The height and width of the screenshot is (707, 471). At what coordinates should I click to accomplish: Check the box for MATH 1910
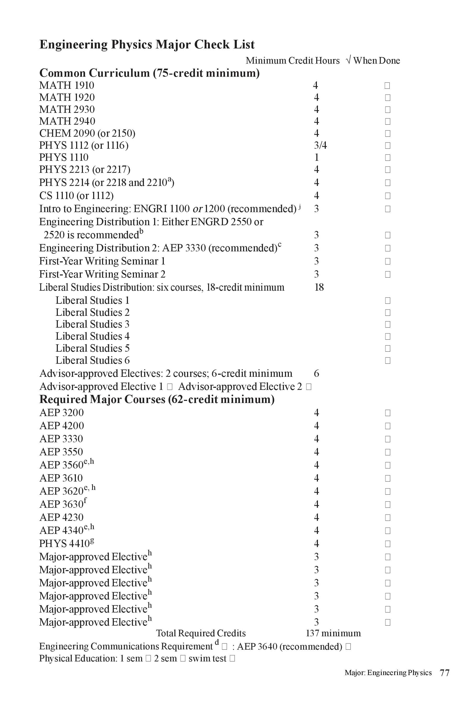(x=387, y=86)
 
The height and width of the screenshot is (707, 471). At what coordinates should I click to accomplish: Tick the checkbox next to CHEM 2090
(x=388, y=134)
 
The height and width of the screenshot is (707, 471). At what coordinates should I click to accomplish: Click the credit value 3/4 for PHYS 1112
(x=320, y=146)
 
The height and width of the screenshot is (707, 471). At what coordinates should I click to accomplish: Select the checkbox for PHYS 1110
(x=388, y=158)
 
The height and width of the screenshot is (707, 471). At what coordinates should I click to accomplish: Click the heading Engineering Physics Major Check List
(x=147, y=45)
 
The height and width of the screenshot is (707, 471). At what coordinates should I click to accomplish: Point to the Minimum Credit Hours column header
(x=293, y=61)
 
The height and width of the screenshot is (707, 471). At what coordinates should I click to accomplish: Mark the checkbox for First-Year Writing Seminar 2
(x=388, y=274)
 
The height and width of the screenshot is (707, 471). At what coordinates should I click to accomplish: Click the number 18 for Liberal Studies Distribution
(x=319, y=287)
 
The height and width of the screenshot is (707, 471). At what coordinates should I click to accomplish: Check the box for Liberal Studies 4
(x=388, y=336)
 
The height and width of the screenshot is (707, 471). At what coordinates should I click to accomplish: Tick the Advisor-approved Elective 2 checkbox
(x=309, y=386)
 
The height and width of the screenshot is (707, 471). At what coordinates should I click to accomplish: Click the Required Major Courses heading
(x=157, y=400)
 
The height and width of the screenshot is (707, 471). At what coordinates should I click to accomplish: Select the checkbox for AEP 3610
(x=388, y=478)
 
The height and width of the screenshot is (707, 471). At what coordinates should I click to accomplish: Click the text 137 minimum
(x=333, y=633)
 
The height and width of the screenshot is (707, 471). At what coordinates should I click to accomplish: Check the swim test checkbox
(x=232, y=659)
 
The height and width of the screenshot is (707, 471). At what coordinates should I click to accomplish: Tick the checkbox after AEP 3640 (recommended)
(x=348, y=647)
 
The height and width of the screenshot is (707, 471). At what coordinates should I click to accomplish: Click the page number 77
(x=444, y=673)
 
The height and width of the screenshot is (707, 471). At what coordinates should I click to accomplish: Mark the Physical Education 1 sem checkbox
(x=148, y=659)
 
